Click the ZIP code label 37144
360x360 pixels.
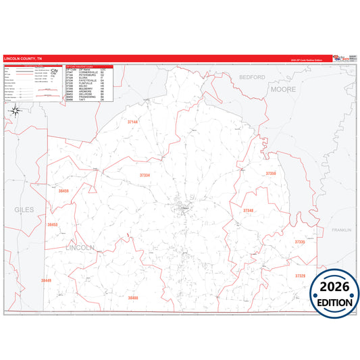pyautogui.click(x=132, y=122)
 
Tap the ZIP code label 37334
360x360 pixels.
pyautogui.click(x=145, y=175)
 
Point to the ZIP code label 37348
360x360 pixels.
pyautogui.click(x=248, y=211)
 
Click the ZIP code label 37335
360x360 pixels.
pyautogui.click(x=300, y=241)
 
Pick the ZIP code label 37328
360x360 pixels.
pyautogui.click(x=300, y=276)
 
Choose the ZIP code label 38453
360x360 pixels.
pyautogui.click(x=53, y=224)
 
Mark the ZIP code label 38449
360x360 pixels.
pyautogui.click(x=46, y=280)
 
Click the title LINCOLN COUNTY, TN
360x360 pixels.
pyautogui.click(x=23, y=59)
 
